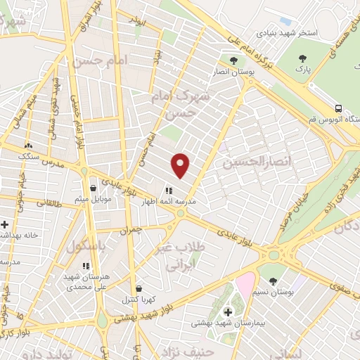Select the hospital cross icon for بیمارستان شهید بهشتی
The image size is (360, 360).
pos(227,311)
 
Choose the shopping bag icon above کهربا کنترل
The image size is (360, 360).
pos(139,288)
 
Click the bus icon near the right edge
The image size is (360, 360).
pos(339,109)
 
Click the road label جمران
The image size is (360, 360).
pos(131,230)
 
